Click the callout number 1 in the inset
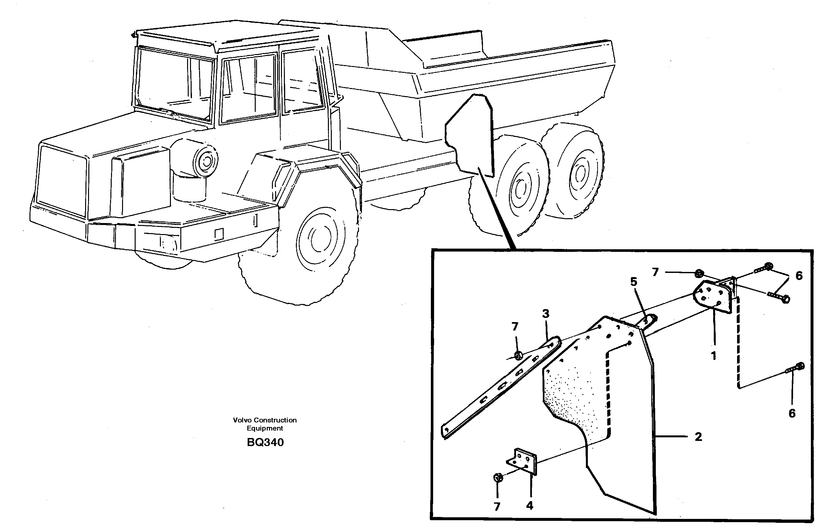click(713, 356)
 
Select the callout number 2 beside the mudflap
click(698, 437)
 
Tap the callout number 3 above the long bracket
click(546, 314)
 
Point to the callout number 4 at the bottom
click(530, 506)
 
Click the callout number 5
click(633, 282)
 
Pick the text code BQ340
click(265, 443)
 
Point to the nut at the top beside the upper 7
click(699, 274)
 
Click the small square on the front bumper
click(219, 234)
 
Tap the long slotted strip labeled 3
click(499, 389)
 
